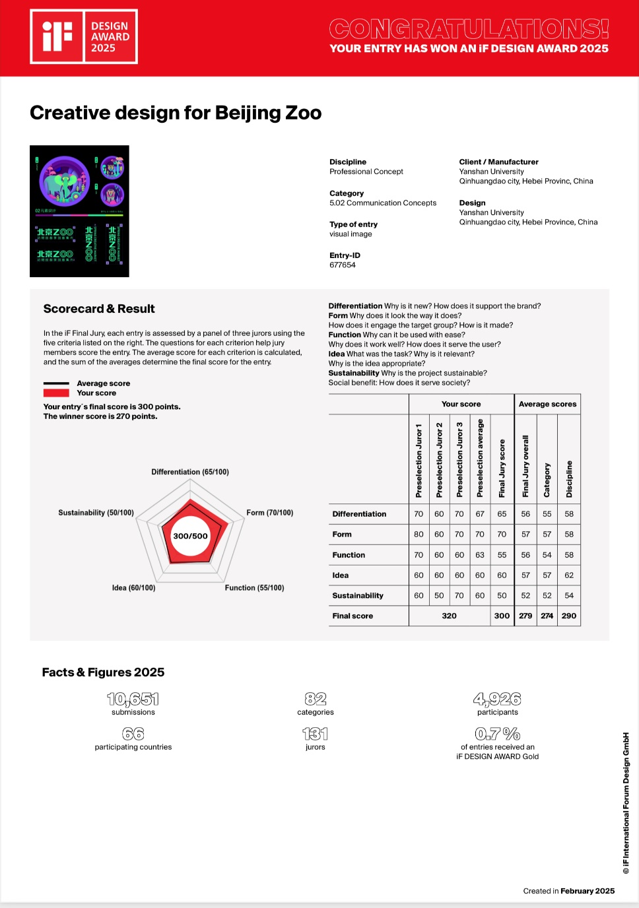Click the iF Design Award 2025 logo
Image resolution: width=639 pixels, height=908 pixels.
click(84, 37)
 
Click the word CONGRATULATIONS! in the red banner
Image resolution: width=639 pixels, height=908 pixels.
click(469, 29)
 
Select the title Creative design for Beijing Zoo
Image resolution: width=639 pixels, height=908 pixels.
click(176, 113)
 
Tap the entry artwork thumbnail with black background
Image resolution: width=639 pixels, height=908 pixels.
click(79, 211)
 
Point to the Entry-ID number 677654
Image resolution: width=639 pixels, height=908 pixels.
click(343, 265)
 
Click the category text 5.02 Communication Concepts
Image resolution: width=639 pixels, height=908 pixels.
click(383, 203)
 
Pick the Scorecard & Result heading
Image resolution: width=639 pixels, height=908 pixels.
click(99, 309)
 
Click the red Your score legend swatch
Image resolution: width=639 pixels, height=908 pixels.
click(56, 393)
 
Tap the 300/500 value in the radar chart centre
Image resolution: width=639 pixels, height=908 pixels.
click(190, 536)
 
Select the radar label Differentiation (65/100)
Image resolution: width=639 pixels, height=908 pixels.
click(190, 472)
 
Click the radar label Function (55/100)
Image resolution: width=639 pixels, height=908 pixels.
click(254, 588)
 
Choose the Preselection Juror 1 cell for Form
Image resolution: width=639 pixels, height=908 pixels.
click(419, 535)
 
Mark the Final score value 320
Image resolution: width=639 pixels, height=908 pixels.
click(449, 616)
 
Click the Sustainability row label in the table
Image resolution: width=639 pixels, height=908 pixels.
click(358, 595)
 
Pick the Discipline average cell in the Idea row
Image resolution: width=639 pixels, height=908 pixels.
click(569, 575)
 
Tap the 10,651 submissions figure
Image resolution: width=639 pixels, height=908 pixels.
click(133, 699)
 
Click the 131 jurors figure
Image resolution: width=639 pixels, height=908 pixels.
click(316, 734)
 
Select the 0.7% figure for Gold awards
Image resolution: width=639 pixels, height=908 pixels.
click(498, 734)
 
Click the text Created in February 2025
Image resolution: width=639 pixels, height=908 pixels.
click(568, 891)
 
